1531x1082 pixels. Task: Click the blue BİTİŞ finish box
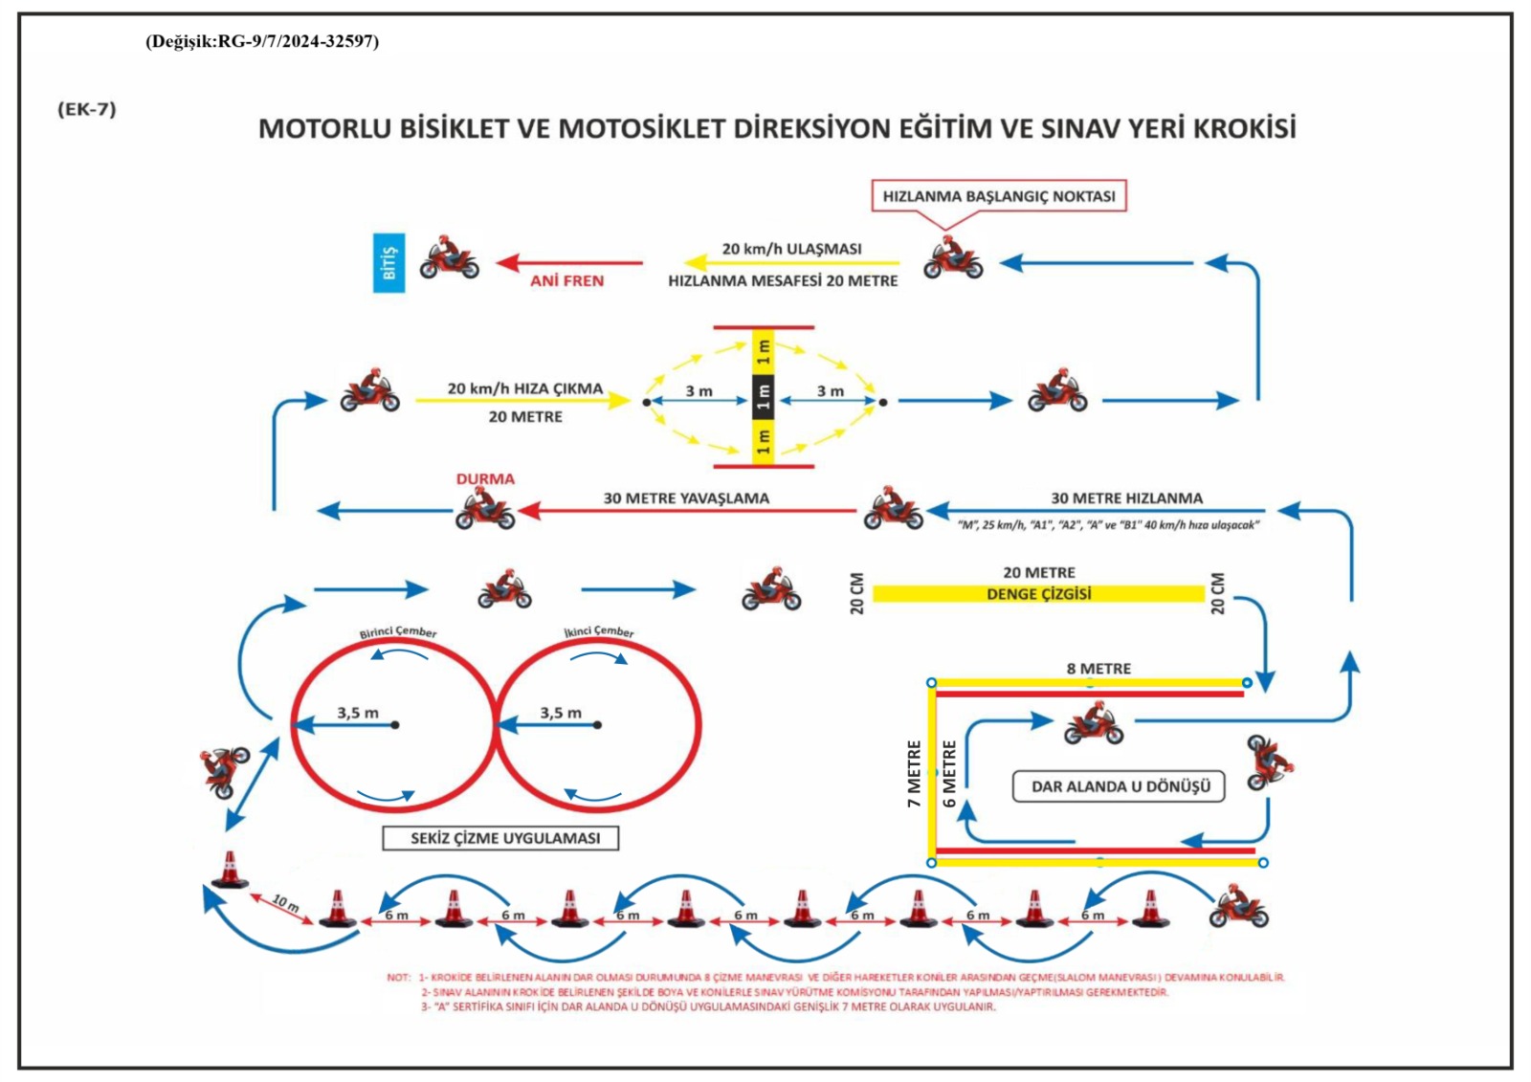coord(388,262)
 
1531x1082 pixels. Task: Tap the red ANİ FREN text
coord(566,280)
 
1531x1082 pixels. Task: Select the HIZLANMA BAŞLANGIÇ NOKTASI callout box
coord(998,196)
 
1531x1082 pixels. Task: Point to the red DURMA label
coord(485,478)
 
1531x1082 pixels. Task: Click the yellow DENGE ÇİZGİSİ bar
coord(1038,594)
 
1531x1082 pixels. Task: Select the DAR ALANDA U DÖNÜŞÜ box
coord(1120,786)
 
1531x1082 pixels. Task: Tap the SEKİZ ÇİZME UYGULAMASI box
coord(500,838)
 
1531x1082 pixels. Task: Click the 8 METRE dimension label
coord(1098,669)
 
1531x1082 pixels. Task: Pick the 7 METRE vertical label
coord(914,773)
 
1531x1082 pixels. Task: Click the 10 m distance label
coord(285,902)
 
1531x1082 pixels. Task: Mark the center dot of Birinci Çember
coord(395,725)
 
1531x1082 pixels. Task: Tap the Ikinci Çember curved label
coord(599,631)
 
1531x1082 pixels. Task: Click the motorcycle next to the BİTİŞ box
coord(449,258)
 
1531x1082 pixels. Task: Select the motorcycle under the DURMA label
coord(485,512)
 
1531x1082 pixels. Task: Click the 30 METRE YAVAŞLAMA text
coord(686,498)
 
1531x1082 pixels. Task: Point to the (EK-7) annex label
coord(87,109)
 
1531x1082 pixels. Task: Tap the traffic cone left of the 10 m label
coord(230,870)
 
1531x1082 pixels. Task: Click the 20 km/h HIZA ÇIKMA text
coord(525,388)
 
